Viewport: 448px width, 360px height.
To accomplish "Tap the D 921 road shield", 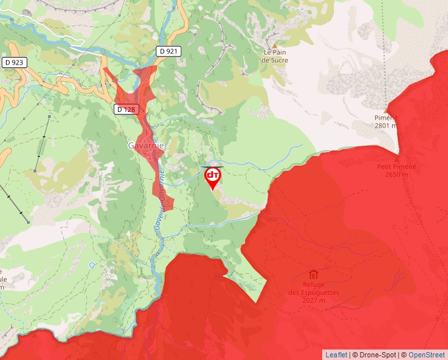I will click(168, 51).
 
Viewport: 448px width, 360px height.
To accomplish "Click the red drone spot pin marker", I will click(213, 176).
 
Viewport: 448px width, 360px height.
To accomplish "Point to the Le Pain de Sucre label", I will click(277, 55).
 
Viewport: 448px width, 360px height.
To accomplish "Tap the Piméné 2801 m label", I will click(385, 122).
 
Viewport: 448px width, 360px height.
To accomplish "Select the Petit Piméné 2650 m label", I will click(396, 170).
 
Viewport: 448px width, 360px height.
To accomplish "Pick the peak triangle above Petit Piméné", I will click(397, 158).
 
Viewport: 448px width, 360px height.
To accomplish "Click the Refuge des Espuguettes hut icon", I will click(313, 274).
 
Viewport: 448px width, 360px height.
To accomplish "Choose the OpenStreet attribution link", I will click(426, 355).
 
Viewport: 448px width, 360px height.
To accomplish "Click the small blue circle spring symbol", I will click(91, 265).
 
